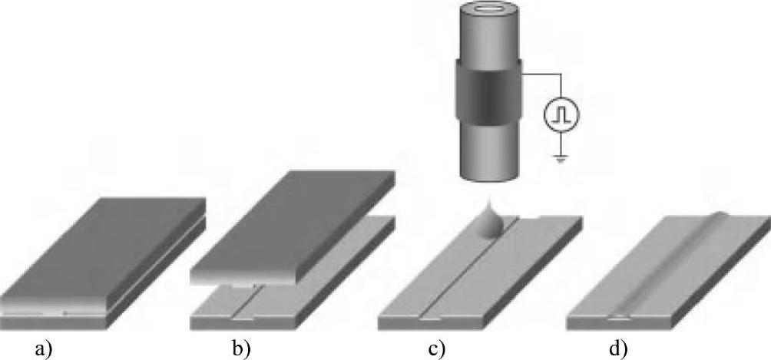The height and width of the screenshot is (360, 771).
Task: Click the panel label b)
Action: [x=241, y=349]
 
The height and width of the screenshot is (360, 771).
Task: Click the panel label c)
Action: [x=437, y=349]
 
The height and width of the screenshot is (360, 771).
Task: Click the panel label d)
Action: [x=617, y=349]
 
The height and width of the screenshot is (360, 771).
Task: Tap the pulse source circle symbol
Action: [x=561, y=116]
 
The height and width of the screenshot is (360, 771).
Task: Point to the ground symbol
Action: [x=561, y=159]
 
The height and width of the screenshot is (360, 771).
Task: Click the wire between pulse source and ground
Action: [x=561, y=143]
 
